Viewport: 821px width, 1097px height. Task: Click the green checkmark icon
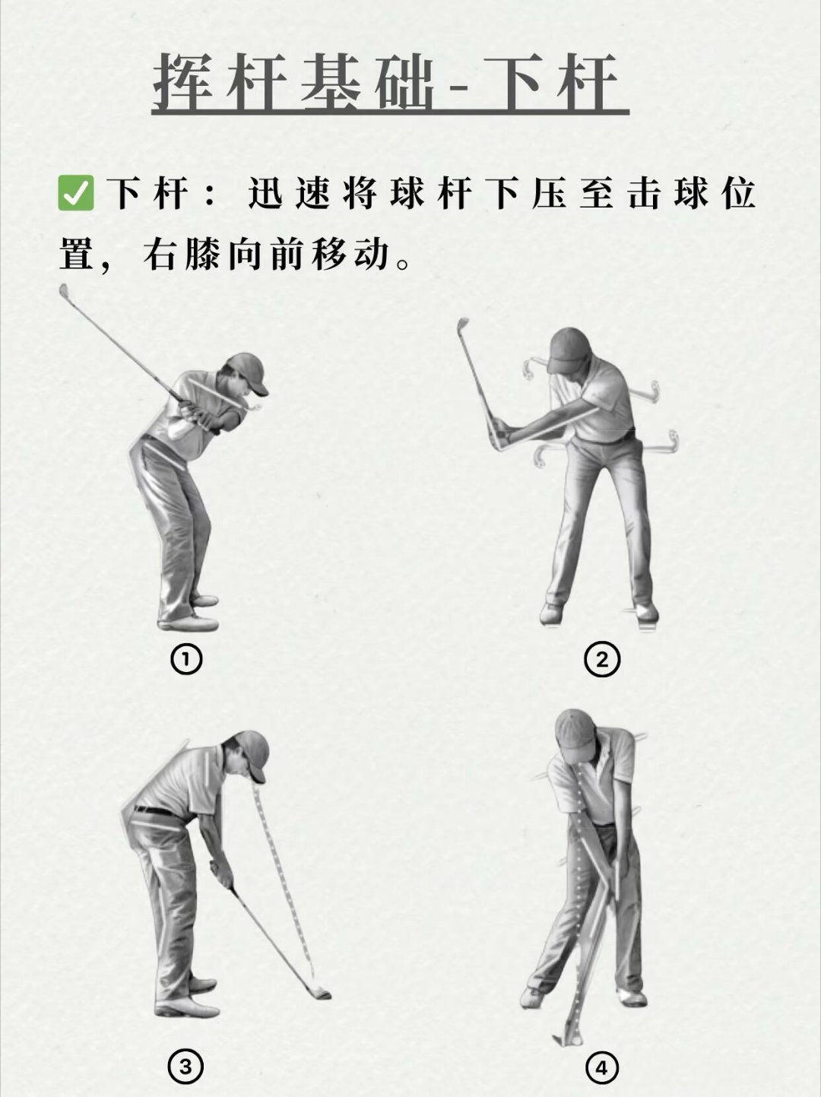(75, 193)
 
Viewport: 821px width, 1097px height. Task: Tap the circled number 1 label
(186, 660)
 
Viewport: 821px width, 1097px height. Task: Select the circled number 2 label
(601, 660)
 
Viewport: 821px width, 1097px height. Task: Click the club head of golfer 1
(64, 291)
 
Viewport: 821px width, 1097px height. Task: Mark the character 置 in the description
(77, 254)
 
